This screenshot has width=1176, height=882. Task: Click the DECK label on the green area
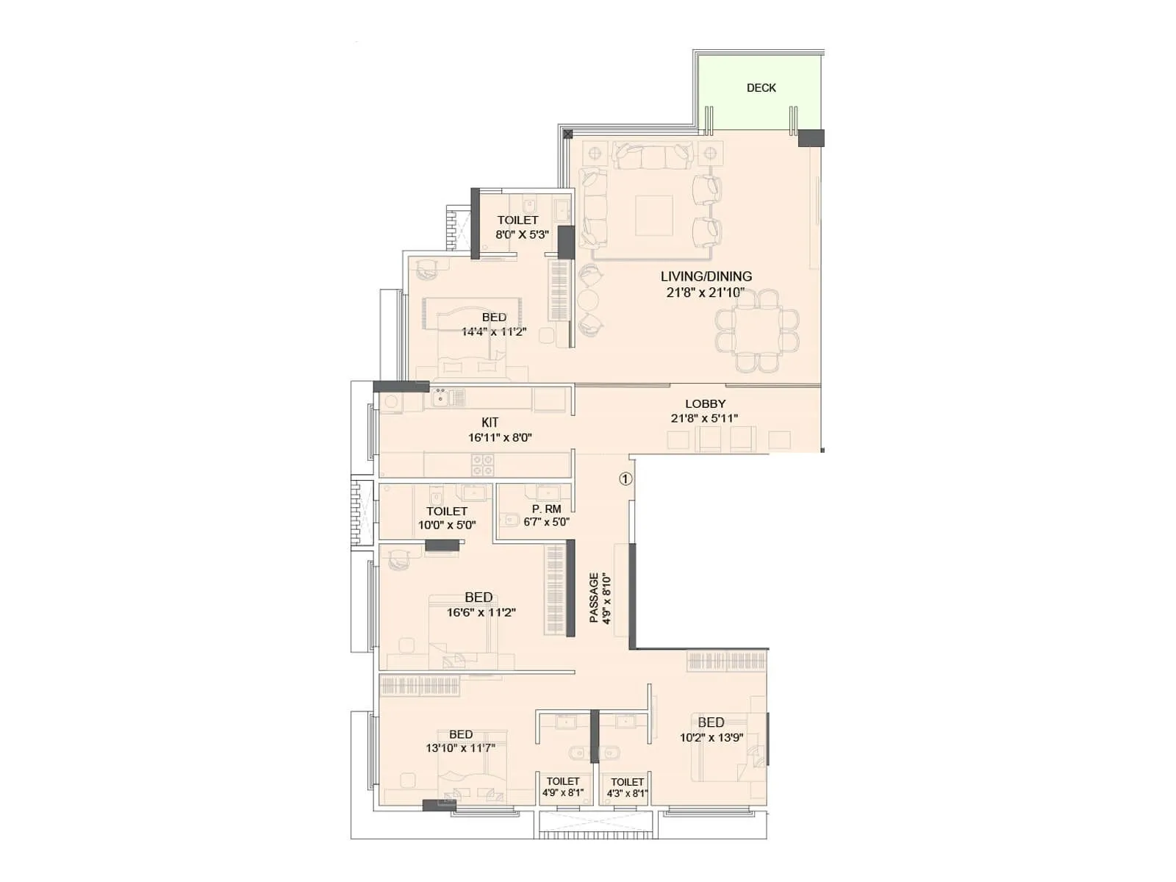pyautogui.click(x=761, y=87)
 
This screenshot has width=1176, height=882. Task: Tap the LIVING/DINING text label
pyautogui.click(x=706, y=276)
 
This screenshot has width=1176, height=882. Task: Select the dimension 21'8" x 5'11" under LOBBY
pyautogui.click(x=704, y=418)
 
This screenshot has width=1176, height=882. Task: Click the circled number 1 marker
pyautogui.click(x=625, y=479)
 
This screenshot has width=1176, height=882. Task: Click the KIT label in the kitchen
pyautogui.click(x=490, y=423)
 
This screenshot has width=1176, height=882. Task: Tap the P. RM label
pyautogui.click(x=547, y=509)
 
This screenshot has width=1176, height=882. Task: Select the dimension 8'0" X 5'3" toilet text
pyautogui.click(x=522, y=235)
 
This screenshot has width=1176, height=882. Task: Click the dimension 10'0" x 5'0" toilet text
pyautogui.click(x=447, y=526)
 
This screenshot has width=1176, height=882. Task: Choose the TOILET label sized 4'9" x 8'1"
pyautogui.click(x=563, y=781)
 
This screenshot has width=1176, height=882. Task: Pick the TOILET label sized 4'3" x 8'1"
pyautogui.click(x=627, y=782)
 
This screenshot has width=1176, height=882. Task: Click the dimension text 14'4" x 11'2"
pyautogui.click(x=494, y=332)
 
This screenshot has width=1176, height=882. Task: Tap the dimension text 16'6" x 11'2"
pyautogui.click(x=481, y=612)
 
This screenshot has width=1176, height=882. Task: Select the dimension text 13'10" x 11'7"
pyautogui.click(x=460, y=748)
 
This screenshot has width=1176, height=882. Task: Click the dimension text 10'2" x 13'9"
pyautogui.click(x=711, y=737)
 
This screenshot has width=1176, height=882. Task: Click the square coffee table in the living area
pyautogui.click(x=653, y=215)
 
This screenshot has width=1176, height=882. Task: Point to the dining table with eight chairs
pyautogui.click(x=757, y=330)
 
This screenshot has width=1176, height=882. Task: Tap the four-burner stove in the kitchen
pyautogui.click(x=483, y=465)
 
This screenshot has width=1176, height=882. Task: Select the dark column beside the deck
pyautogui.click(x=811, y=138)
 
